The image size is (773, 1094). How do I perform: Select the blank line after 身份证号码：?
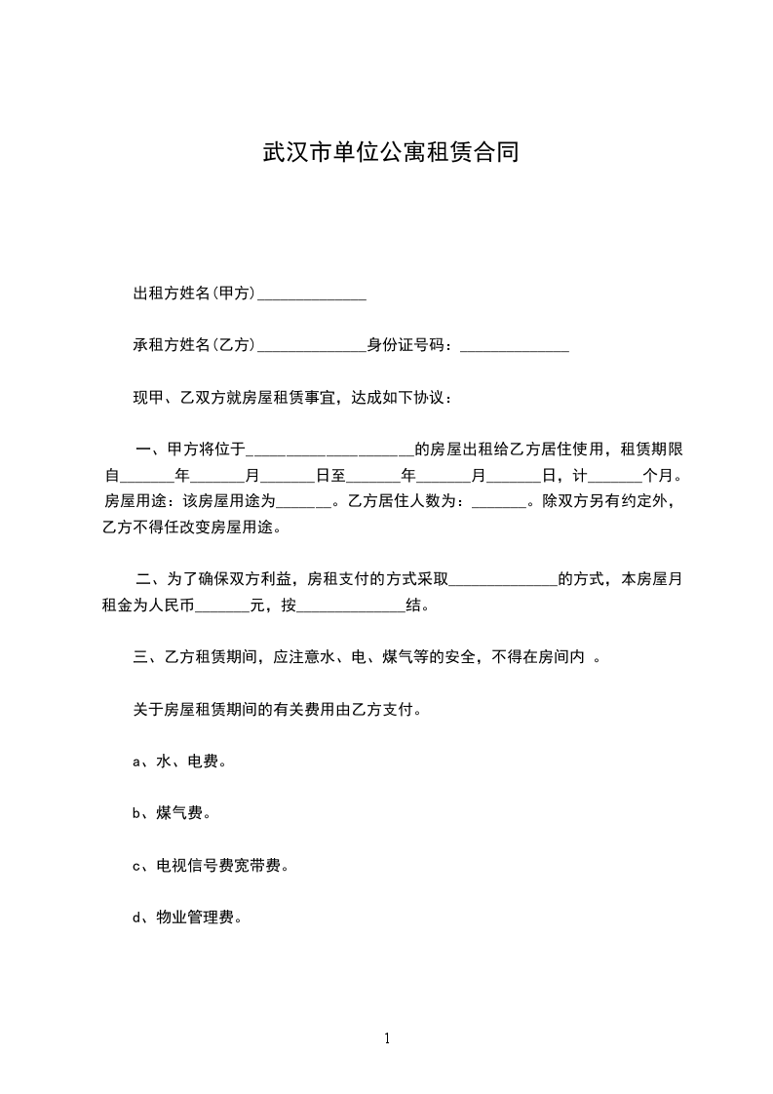pos(514,347)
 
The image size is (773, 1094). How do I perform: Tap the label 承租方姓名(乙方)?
pos(194,344)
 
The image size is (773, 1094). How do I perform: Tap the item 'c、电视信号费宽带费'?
pos(211,865)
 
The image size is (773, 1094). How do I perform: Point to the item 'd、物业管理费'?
pos(187,917)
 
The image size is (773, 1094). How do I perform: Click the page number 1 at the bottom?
pos(387,1038)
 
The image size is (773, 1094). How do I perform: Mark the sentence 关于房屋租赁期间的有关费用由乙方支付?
pos(278,709)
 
